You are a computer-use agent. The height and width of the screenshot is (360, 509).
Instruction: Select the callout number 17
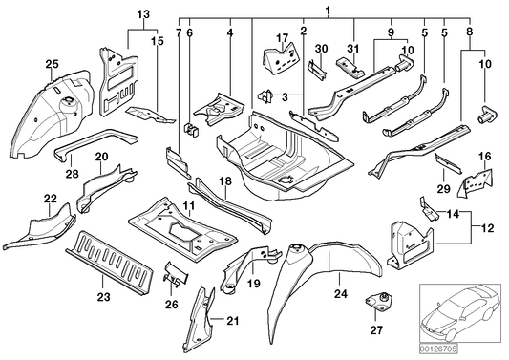[x=281, y=37]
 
